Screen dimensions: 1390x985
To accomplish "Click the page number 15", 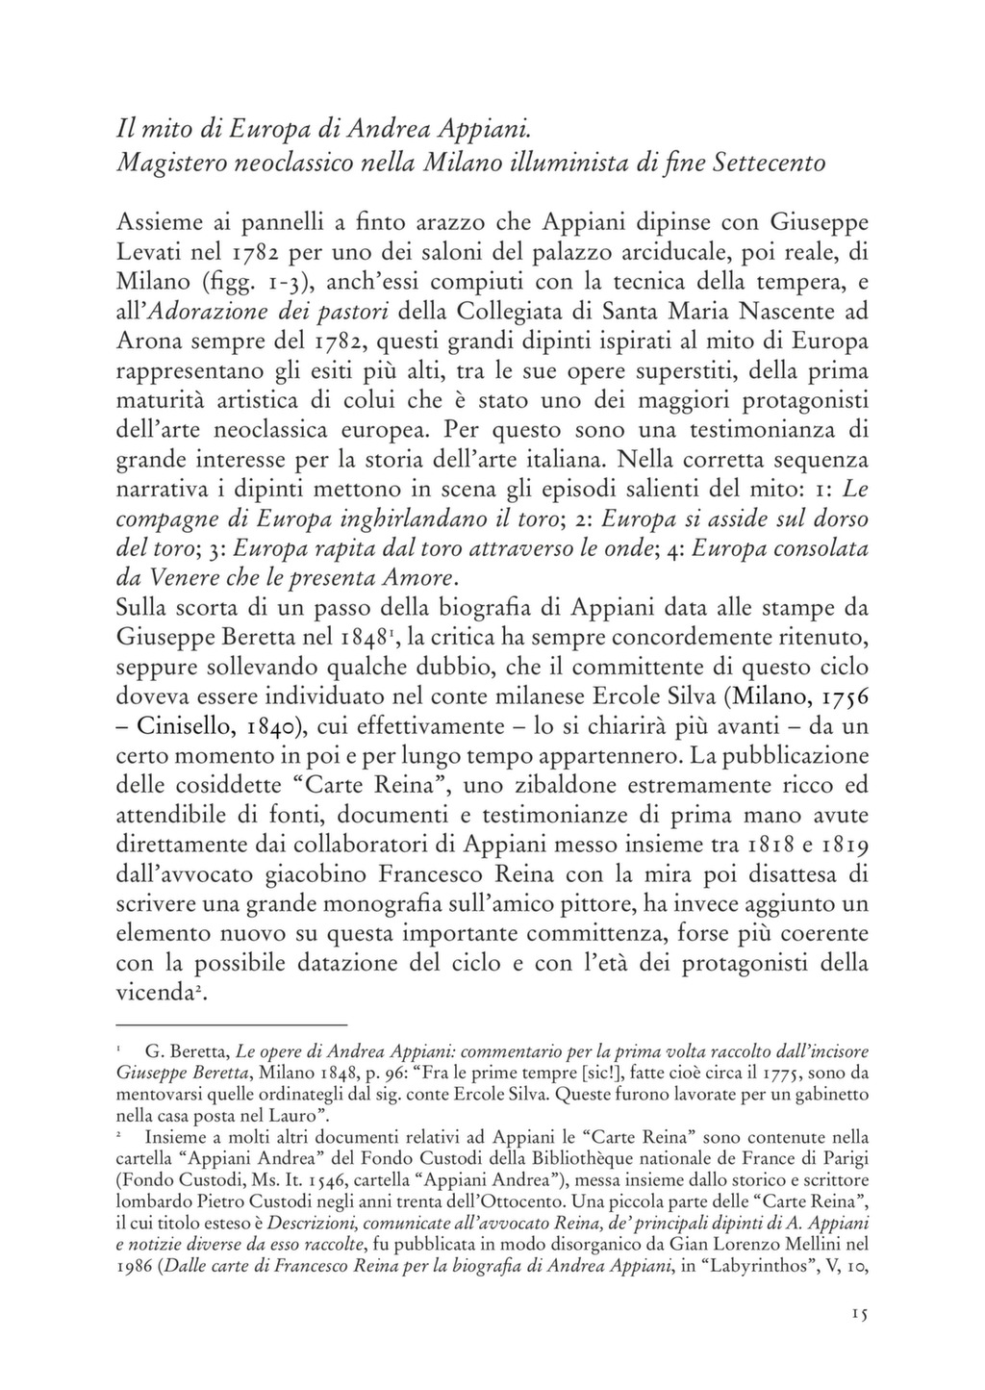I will pyautogui.click(x=859, y=1313).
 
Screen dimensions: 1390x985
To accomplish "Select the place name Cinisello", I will pyautogui.click(x=191, y=726).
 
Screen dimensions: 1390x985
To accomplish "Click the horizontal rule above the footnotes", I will pyautogui.click(x=230, y=1025).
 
